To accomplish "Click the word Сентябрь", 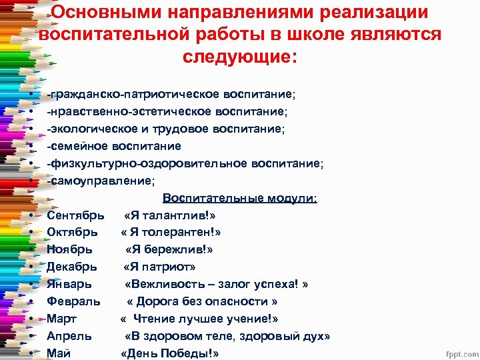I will [x=75, y=215].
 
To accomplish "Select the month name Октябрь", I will [x=72, y=232].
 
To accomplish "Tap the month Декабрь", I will [x=72, y=267].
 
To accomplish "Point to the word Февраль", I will [x=73, y=301].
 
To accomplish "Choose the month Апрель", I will [x=69, y=336].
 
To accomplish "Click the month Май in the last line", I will [x=59, y=353].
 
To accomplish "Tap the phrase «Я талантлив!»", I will [x=170, y=215].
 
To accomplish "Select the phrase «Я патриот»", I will [x=159, y=267].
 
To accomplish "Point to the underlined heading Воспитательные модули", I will [x=240, y=198].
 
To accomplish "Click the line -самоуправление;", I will [x=101, y=180].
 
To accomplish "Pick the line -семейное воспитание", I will [x=114, y=145].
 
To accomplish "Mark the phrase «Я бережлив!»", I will [x=169, y=249].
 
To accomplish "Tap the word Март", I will [x=62, y=319].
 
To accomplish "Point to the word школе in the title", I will [x=321, y=34].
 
